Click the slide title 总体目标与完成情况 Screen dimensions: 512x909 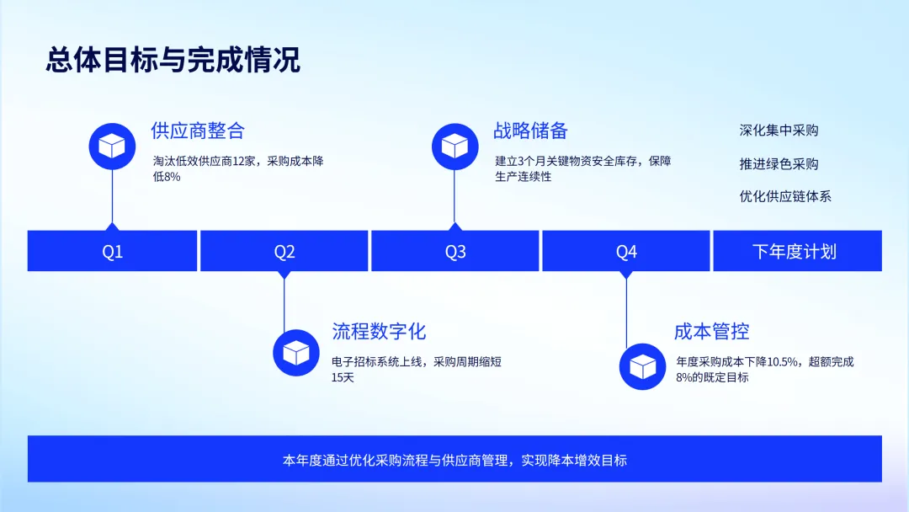pos(173,61)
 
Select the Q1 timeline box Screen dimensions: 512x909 pos(113,251)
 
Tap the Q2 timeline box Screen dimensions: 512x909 pos(284,251)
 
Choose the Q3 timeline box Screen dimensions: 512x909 pos(455,251)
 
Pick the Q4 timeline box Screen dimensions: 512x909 pos(626,251)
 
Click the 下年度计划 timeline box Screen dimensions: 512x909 pos(797,251)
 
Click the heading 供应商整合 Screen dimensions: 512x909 pos(198,131)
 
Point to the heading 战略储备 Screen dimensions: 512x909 pos(530,131)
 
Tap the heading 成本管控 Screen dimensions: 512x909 pos(711,331)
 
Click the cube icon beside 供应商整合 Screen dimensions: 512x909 pos(112,146)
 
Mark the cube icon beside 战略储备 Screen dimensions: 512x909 pos(454,146)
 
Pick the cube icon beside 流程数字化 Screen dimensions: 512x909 pos(297,352)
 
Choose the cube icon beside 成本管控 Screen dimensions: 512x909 pos(642,366)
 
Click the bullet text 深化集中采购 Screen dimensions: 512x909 pos(779,131)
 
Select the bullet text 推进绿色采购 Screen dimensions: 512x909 pos(779,163)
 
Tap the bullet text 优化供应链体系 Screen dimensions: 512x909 pos(785,196)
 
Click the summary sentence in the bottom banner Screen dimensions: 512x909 pos(454,460)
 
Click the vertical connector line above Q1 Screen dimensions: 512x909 pos(112,195)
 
